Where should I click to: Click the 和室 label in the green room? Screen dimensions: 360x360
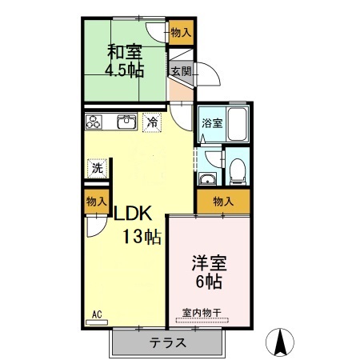(125, 52)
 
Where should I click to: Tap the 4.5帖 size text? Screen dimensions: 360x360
(125, 70)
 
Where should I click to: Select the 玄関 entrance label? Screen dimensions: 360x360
(180, 71)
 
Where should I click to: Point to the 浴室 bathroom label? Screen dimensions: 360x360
(212, 124)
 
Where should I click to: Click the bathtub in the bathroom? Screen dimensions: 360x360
(238, 125)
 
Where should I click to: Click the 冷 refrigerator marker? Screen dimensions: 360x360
(152, 122)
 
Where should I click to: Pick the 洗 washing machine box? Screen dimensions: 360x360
(97, 168)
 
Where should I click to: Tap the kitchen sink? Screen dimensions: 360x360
(126, 122)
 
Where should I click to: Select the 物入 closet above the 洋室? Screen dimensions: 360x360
(223, 201)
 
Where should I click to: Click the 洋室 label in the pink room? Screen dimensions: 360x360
(206, 262)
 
